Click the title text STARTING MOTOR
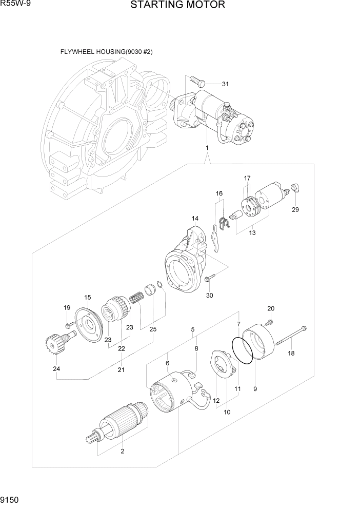(177, 6)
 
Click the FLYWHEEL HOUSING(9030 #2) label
(107, 52)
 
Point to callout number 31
(226, 84)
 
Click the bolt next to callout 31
(197, 81)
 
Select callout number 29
(295, 209)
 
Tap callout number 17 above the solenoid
(247, 178)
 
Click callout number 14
(195, 219)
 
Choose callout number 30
(209, 295)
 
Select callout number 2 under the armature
(122, 452)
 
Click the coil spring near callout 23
(137, 297)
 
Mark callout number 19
(67, 308)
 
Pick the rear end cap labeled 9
(261, 344)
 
